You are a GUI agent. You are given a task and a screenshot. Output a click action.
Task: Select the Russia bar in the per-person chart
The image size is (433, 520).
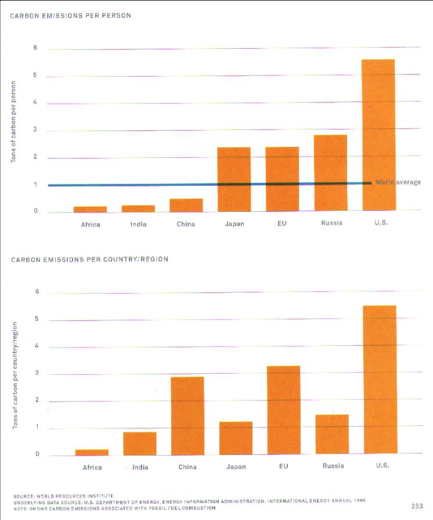(x=330, y=172)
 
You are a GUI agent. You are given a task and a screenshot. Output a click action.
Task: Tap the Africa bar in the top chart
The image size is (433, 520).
(x=90, y=208)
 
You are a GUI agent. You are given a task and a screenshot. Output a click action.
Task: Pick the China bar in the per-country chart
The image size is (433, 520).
(x=187, y=415)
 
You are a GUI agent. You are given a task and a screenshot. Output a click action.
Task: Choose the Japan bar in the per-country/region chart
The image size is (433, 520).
(x=236, y=438)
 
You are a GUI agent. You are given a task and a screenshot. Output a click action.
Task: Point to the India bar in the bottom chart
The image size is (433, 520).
(x=139, y=443)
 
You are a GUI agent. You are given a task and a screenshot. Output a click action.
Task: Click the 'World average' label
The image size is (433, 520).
(x=398, y=182)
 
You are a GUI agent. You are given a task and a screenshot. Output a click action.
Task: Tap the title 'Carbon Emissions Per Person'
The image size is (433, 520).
(x=71, y=16)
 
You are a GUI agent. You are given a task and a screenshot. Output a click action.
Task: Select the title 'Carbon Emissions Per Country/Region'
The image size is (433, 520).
(x=89, y=259)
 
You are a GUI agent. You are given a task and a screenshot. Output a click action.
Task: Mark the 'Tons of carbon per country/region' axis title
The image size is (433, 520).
(x=16, y=375)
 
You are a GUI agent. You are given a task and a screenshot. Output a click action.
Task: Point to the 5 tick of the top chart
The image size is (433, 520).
(x=35, y=75)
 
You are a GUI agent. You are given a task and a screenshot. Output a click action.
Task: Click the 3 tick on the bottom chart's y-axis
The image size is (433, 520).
(x=37, y=373)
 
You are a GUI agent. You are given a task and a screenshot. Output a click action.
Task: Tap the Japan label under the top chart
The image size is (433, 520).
(x=234, y=223)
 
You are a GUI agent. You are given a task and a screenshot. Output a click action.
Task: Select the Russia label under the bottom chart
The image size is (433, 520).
(x=332, y=465)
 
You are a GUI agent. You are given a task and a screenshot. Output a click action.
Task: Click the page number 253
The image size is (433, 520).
(x=417, y=505)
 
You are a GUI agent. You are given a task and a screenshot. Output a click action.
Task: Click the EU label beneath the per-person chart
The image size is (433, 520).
(x=282, y=223)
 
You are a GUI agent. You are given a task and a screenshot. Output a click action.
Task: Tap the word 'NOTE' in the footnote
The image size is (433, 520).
(x=21, y=508)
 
